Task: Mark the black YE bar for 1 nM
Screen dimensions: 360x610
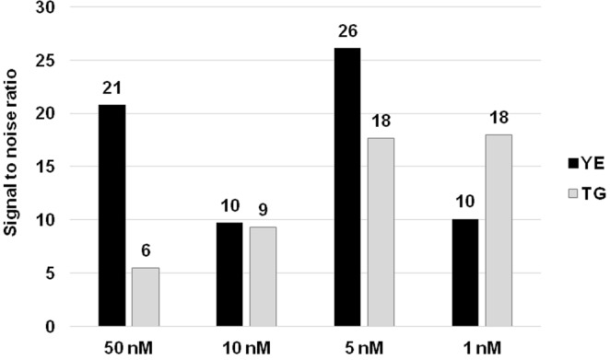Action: [x=465, y=273]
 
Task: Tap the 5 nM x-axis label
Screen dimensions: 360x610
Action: [x=363, y=348]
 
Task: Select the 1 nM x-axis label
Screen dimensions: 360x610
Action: [x=481, y=348]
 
